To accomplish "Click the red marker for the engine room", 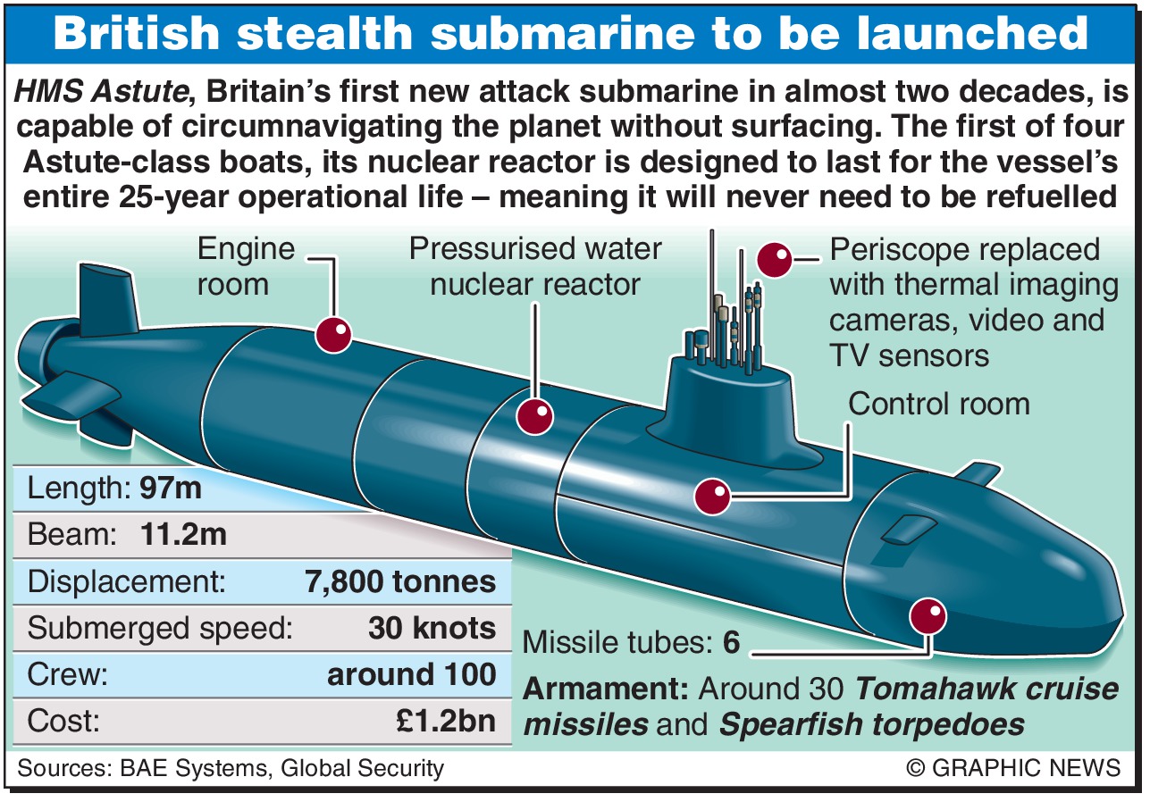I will coord(333,335).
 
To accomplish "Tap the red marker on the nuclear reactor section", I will coord(536,416).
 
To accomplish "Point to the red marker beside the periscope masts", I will coord(774,259).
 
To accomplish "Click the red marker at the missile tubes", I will coord(928,615).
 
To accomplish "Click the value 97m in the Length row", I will coord(170,489).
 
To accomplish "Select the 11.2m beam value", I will coord(183,535).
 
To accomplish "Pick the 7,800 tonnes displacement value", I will coord(400,581).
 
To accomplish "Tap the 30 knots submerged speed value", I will coord(432,628).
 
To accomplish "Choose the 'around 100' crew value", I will coord(411,674).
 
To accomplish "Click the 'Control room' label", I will coord(938,404).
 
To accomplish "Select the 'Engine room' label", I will coord(233,267).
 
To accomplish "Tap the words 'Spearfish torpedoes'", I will coord(871,724).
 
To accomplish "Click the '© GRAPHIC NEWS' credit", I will coord(1012,767).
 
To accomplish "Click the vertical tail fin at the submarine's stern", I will coord(107,299).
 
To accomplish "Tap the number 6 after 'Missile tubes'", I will coord(732,642).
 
